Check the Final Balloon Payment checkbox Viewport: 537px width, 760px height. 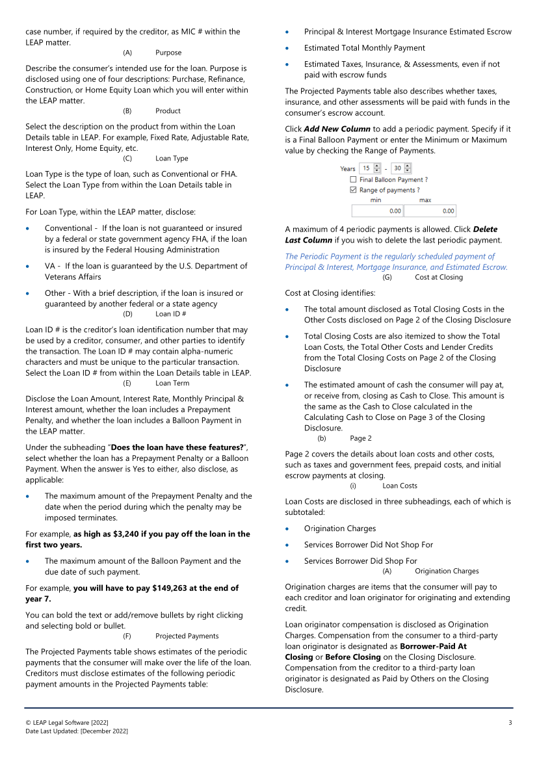click(353, 179)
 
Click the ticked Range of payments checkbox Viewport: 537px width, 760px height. click(353, 190)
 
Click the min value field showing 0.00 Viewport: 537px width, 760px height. click(377, 211)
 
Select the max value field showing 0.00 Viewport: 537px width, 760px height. click(430, 211)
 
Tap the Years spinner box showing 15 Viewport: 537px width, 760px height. click(367, 168)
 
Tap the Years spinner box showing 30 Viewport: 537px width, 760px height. click(398, 168)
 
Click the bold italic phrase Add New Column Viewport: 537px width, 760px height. click(337, 129)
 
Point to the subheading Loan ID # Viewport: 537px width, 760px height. click(171, 314)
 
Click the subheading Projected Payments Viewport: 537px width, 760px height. click(187, 636)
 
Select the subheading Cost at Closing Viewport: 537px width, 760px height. click(439, 277)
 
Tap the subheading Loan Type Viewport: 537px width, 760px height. click(172, 158)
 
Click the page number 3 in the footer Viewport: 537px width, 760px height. click(510, 723)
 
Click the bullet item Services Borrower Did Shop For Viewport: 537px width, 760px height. click(360, 560)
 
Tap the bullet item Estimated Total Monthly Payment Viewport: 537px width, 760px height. click(364, 47)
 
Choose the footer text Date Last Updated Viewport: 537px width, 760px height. click(77, 731)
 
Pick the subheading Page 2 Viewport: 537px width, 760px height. click(361, 438)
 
